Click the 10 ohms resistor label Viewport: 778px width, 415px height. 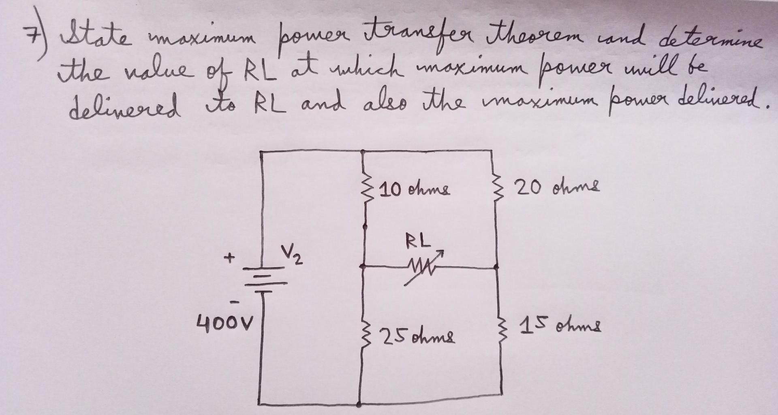(415, 189)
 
